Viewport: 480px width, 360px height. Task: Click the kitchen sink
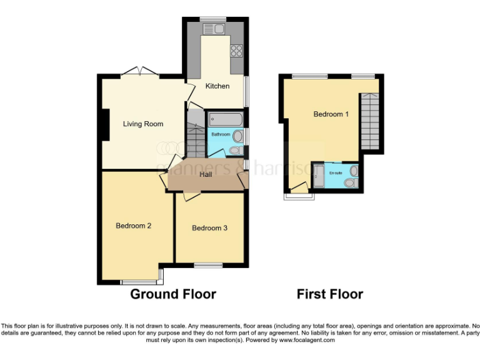tap(213, 28)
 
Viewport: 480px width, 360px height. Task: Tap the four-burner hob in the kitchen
tap(237, 50)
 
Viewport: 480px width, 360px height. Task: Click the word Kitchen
tap(217, 86)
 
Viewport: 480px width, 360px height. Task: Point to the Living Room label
tap(143, 124)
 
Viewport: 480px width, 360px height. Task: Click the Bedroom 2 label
tap(134, 226)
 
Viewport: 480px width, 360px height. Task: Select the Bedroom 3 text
tap(209, 228)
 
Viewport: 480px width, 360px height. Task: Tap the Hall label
tap(205, 174)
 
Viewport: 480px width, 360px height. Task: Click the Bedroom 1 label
tap(331, 114)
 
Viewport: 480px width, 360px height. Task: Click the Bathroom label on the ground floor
tap(221, 134)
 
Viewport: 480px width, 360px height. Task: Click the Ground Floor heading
tap(173, 294)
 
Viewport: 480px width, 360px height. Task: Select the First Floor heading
tap(329, 294)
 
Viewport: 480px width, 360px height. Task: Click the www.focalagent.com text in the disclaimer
tap(307, 341)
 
